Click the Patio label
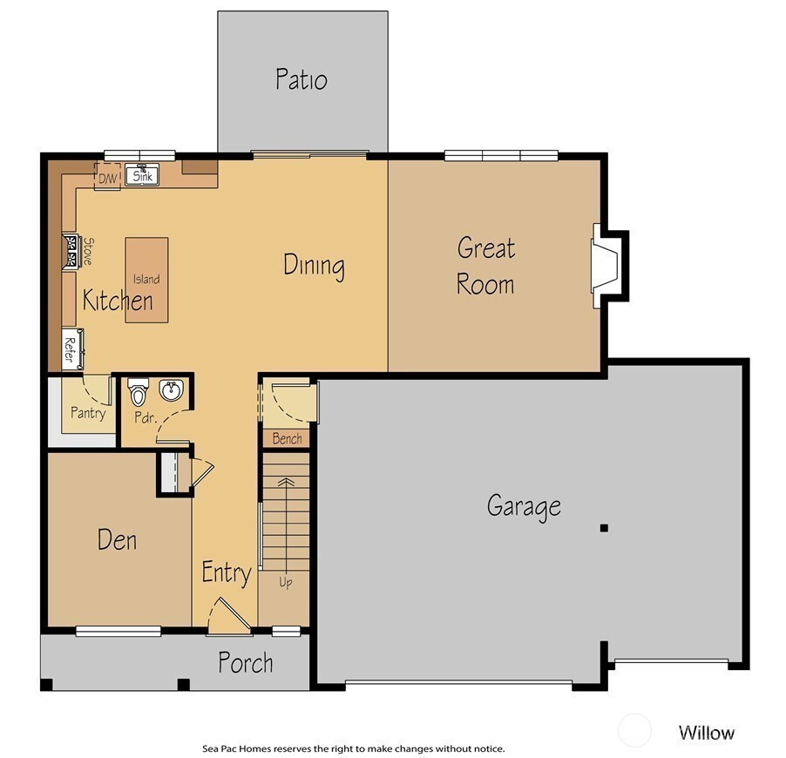(x=302, y=79)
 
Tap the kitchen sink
(x=142, y=175)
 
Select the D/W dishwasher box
(x=107, y=177)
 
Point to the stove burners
(x=71, y=251)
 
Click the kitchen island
(x=146, y=280)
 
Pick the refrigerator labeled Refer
(x=72, y=349)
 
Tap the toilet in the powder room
(x=138, y=391)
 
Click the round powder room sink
(x=172, y=390)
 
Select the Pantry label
(x=88, y=413)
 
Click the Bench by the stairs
(x=287, y=438)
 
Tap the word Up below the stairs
(x=286, y=582)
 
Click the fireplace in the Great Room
(x=605, y=266)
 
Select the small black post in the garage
(x=604, y=528)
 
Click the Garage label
(x=524, y=506)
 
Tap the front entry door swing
(x=228, y=615)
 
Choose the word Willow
(x=707, y=733)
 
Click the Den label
(x=117, y=540)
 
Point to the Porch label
(x=246, y=663)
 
